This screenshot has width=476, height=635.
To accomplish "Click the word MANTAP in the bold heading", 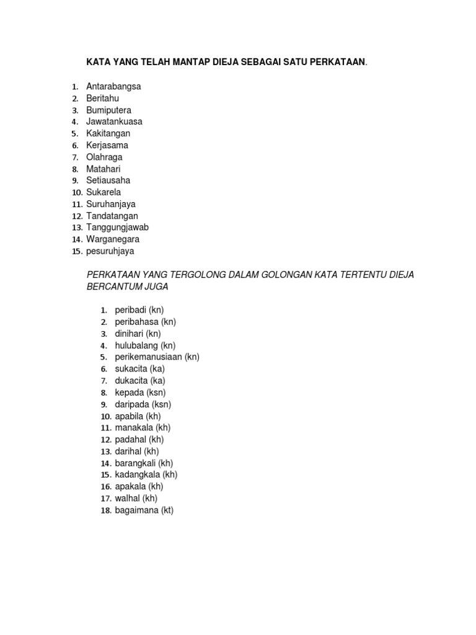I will pos(178,62).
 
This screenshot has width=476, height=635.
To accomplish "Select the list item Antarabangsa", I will pos(113,86).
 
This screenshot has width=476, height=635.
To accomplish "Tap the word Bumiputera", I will pos(108,110).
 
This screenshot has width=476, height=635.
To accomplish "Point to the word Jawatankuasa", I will pos(114,122).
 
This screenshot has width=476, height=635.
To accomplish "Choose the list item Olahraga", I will pos(104,157).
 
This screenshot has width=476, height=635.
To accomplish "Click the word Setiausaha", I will pos(108,180).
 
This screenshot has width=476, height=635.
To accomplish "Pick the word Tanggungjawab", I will pos(117,227).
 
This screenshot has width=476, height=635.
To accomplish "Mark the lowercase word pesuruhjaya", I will pos(110,251).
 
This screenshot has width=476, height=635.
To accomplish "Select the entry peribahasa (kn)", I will pos(145,322).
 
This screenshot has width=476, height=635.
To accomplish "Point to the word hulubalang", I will pos(136,345).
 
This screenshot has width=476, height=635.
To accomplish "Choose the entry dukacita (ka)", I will pos(140,381).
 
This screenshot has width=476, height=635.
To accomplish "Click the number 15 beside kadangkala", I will pos(105,475).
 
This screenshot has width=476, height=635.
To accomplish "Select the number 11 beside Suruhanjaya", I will pos(77,204).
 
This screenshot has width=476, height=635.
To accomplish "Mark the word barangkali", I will pos(135,463).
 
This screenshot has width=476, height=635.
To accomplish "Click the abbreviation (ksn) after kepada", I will pos(156,393).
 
